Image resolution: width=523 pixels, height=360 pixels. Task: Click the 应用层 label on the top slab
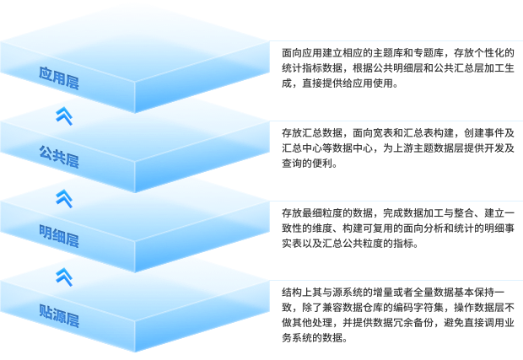pos(58,73)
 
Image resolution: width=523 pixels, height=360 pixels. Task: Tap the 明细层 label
pos(58,232)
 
